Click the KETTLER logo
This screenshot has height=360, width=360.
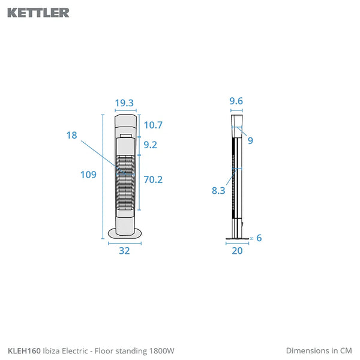click(x=38, y=13)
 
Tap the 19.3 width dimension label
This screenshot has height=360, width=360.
click(x=124, y=103)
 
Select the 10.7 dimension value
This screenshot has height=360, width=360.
click(x=153, y=125)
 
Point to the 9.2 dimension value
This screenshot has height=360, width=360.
click(x=151, y=145)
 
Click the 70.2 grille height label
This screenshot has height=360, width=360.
click(x=153, y=179)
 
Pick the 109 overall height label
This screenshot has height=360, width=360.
click(x=88, y=175)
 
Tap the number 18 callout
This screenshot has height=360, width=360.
click(x=71, y=135)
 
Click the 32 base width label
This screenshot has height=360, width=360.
click(x=124, y=250)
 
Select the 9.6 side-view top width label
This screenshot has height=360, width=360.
click(x=236, y=101)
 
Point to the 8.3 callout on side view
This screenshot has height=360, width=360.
click(x=218, y=191)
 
